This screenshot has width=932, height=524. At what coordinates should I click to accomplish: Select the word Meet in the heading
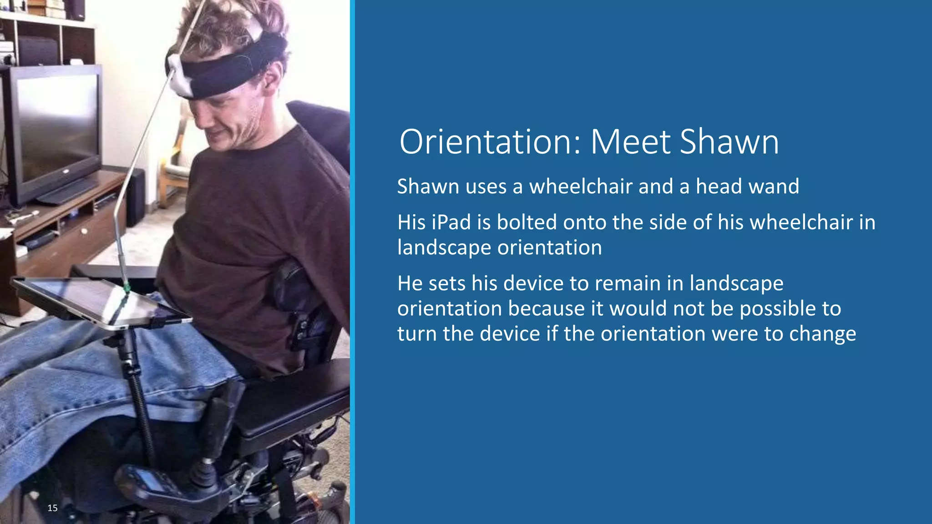coord(630,142)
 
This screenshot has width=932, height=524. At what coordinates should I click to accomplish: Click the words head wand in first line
coord(747,186)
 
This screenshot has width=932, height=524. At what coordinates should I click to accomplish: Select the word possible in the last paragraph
coord(778,309)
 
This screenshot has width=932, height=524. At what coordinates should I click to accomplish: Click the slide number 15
coord(52,508)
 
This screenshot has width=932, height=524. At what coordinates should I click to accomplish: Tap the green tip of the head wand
coord(127,287)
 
